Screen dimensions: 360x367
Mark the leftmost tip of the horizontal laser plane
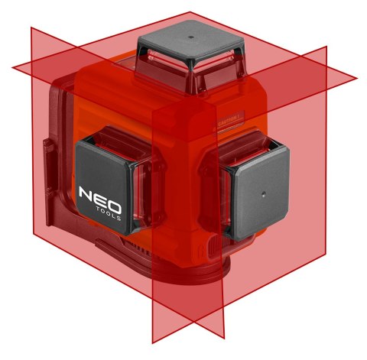tap(13, 67)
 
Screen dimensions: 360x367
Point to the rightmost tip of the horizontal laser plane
tap(357, 78)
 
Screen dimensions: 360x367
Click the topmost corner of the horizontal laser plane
tap(190, 11)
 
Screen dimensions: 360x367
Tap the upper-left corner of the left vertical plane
tap(31, 28)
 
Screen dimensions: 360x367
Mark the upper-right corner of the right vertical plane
tap(326, 46)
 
